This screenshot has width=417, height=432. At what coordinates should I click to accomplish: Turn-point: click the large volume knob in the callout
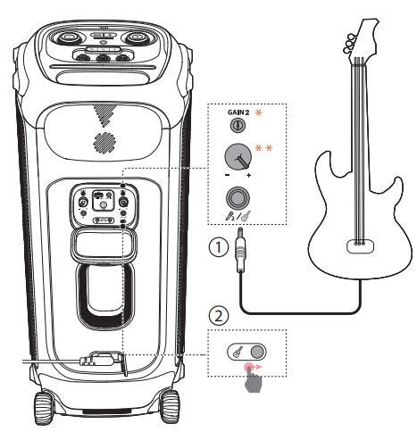[x=238, y=159]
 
